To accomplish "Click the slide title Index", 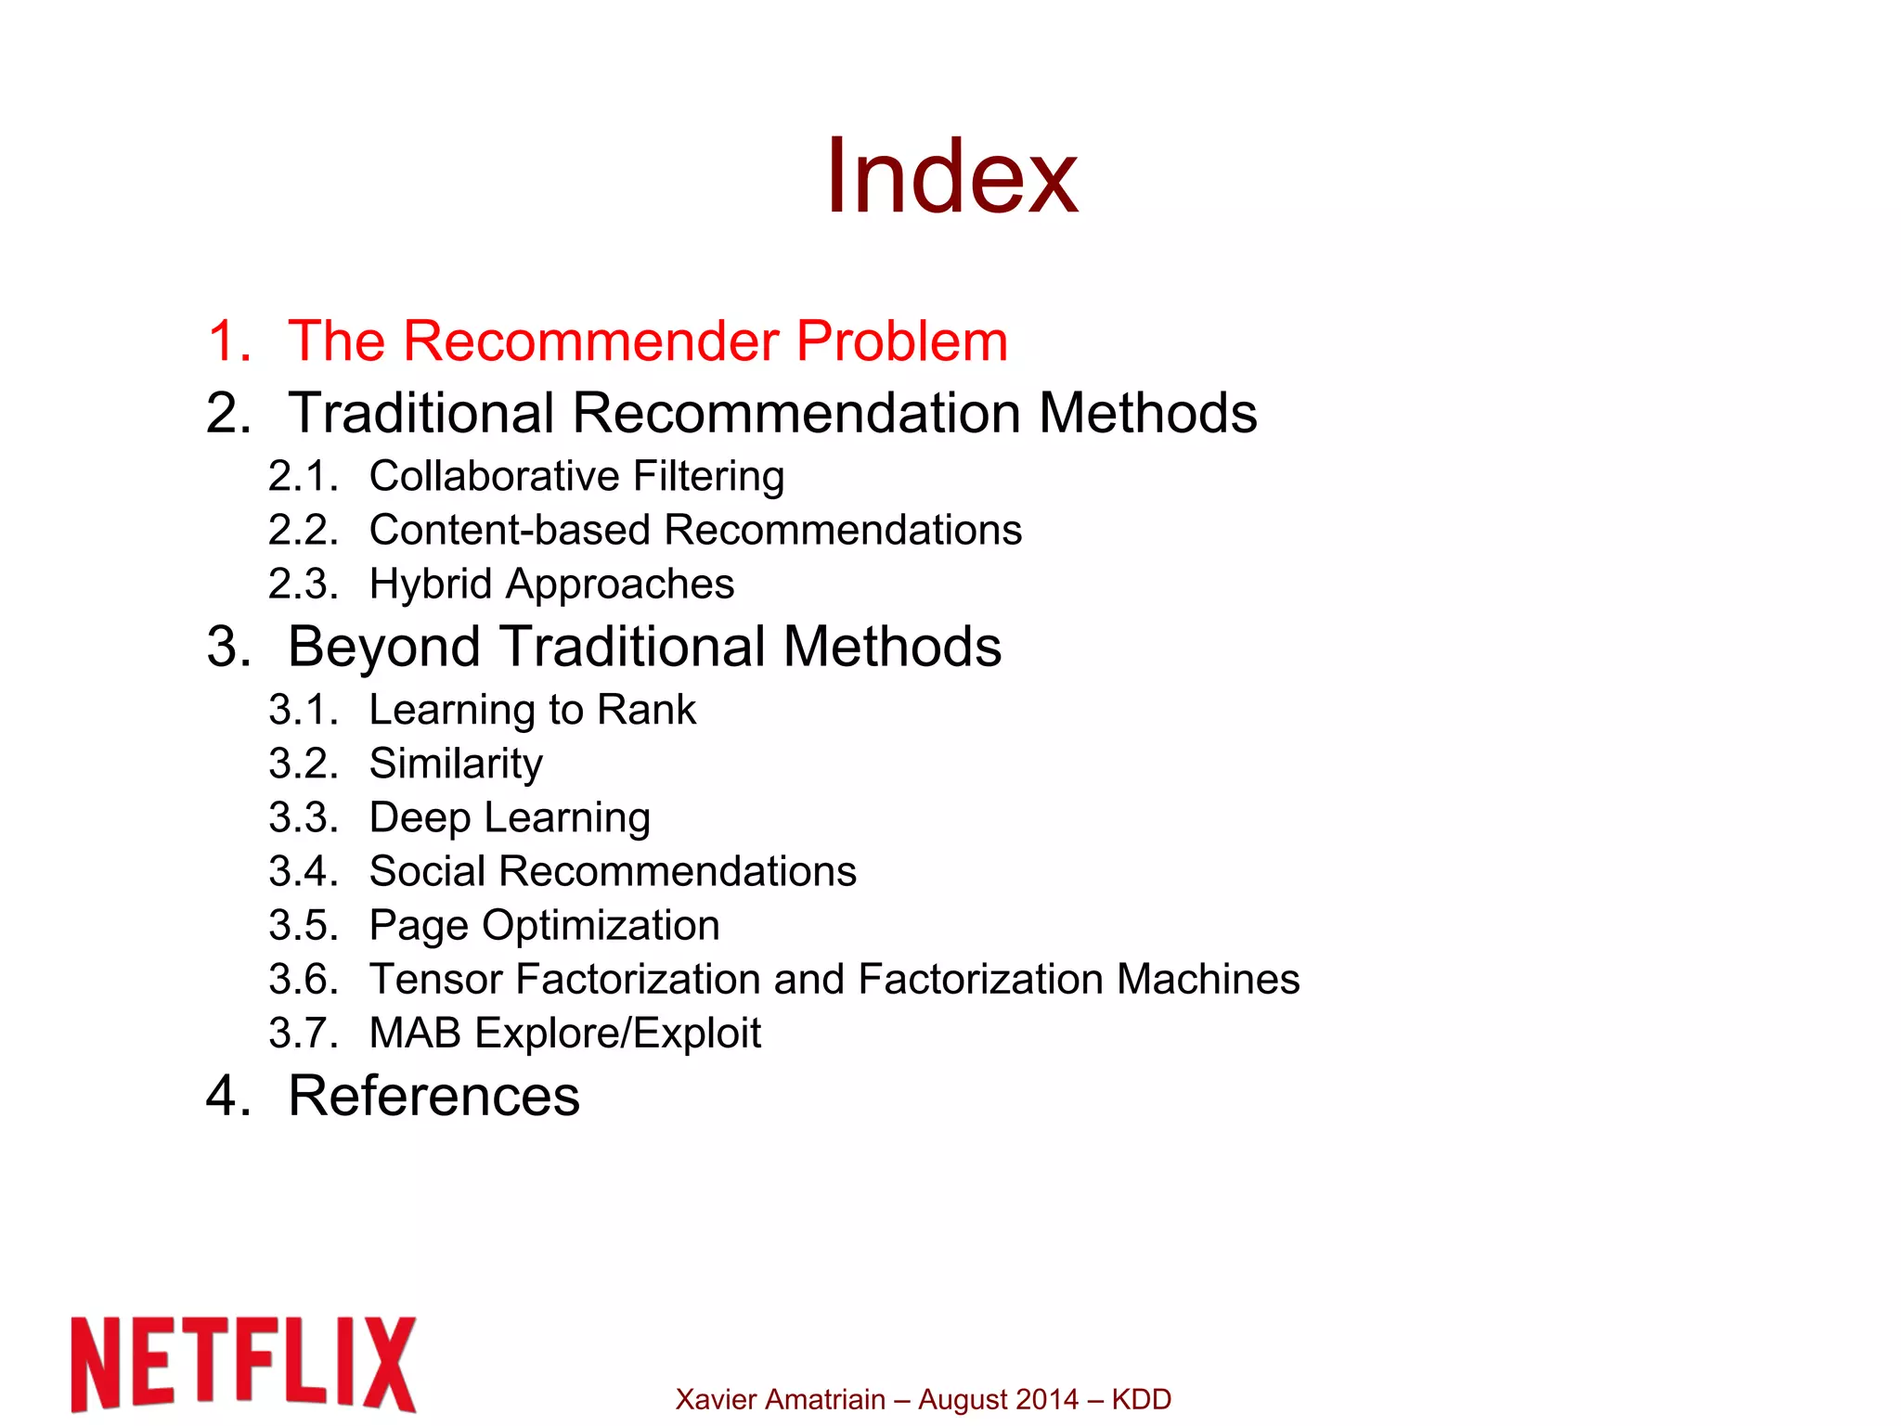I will pos(951,176).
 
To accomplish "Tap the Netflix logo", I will pos(243,1363).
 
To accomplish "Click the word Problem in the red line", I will pos(901,340).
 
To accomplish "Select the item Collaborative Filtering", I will pos(576,476).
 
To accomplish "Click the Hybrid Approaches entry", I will pos(551,584).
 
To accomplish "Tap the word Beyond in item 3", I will pos(383,647).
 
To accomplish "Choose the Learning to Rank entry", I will pos(532,710).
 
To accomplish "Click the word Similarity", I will pos(456,764).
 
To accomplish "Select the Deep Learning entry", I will pos(510,817).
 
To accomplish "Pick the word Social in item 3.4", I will pos(427,871).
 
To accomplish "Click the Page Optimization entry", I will pos(544,925).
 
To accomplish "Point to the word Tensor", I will pos(435,979).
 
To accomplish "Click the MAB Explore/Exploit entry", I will pos(564,1033).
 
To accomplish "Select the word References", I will pos(433,1096).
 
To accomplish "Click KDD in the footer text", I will pos(1141,1399).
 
